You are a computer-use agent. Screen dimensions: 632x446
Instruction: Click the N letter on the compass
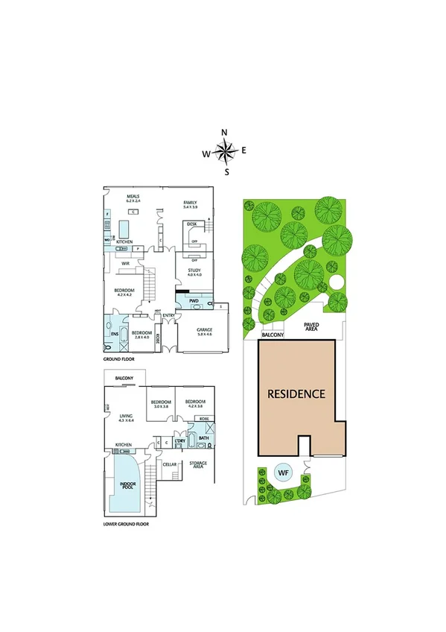click(x=224, y=133)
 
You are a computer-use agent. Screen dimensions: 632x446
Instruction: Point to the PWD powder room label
click(x=194, y=301)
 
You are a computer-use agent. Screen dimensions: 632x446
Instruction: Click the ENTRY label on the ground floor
click(x=168, y=315)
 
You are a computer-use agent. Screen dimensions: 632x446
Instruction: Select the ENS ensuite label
click(x=115, y=334)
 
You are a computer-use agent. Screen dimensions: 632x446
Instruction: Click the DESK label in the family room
click(x=191, y=224)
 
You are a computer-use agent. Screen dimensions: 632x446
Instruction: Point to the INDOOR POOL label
click(x=127, y=485)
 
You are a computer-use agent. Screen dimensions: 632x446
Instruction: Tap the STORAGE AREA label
click(x=198, y=465)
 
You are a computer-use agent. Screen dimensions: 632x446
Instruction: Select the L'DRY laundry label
click(x=179, y=441)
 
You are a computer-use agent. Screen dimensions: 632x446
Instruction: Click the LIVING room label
click(x=124, y=416)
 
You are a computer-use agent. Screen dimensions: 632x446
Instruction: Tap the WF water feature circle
click(x=284, y=472)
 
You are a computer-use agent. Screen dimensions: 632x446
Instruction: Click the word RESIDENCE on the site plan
click(x=297, y=394)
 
